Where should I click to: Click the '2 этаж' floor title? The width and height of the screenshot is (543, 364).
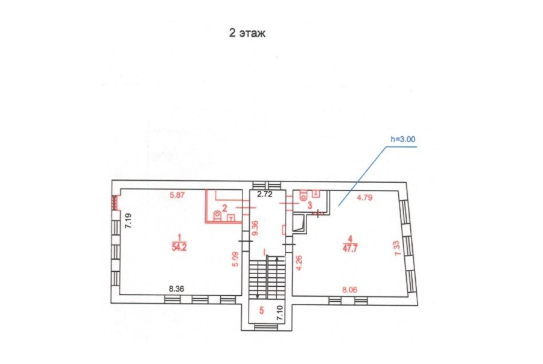point(247,33)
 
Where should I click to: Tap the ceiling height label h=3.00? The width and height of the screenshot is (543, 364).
point(403,139)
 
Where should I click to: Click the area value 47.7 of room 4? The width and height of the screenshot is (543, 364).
point(350,248)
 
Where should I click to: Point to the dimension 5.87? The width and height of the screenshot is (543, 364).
point(177,195)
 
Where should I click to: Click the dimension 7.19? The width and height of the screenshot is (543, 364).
point(129,221)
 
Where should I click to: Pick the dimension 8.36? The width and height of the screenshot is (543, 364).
point(176,289)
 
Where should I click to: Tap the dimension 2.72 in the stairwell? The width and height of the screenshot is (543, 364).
point(265,194)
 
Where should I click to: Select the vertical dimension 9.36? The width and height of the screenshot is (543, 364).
point(256,228)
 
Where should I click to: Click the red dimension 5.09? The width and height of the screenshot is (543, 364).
point(235,259)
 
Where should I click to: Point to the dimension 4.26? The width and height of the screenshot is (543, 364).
point(299,263)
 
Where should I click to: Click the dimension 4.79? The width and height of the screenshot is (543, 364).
point(364,198)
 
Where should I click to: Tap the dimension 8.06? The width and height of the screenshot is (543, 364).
point(350,290)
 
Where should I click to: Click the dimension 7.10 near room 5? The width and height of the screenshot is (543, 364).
point(280,313)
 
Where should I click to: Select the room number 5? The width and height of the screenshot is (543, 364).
point(261,310)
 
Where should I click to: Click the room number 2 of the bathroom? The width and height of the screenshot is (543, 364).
point(225,208)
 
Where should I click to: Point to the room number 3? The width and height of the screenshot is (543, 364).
point(310,205)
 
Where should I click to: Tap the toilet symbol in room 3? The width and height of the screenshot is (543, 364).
point(303,195)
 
